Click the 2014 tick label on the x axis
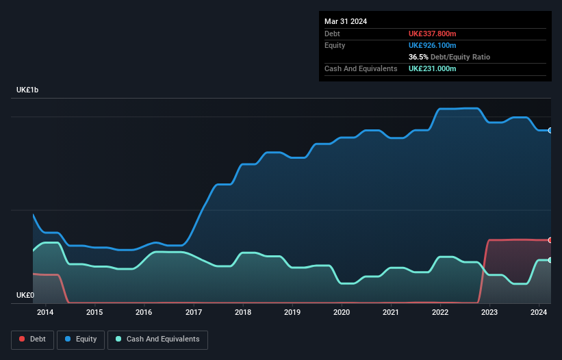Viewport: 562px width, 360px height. (45, 313)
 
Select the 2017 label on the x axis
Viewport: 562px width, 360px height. (194, 313)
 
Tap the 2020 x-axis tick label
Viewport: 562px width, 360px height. (342, 313)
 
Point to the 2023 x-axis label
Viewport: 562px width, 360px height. (489, 313)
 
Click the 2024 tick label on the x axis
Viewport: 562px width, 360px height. (539, 313)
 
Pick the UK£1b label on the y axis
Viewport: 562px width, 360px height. (27, 90)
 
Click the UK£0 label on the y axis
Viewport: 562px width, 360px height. (25, 295)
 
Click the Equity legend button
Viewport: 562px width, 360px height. (81, 339)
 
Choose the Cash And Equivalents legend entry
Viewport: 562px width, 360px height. (157, 339)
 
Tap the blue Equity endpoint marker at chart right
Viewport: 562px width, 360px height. (550, 130)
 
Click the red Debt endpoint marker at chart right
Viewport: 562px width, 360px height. (550, 240)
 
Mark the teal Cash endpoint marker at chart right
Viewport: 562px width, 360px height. (550, 260)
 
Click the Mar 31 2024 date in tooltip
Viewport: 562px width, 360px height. (346, 21)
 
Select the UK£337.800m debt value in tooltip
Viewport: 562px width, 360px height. (432, 34)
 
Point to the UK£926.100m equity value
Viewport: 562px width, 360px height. (432, 45)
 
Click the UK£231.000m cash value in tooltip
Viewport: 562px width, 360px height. (432, 68)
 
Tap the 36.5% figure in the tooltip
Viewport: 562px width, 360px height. (419, 57)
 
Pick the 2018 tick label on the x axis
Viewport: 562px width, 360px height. (243, 313)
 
